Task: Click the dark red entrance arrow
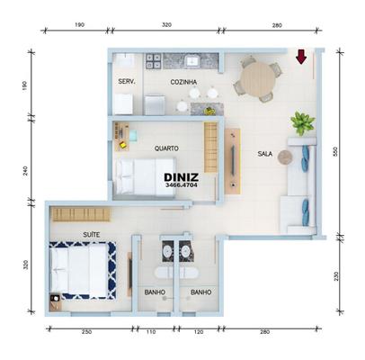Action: (301, 57)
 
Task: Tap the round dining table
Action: (258, 79)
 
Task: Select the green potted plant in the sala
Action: (303, 123)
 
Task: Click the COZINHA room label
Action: (183, 82)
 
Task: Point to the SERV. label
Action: (127, 81)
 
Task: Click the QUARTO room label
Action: (166, 148)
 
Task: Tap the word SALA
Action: (265, 154)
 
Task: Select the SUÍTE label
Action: (92, 235)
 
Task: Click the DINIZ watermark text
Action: (182, 177)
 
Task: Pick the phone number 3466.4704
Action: (182, 185)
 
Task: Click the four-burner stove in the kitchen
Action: (153, 61)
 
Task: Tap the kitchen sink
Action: (191, 61)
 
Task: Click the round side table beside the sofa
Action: (285, 157)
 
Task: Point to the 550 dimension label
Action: (335, 151)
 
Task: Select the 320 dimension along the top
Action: (166, 25)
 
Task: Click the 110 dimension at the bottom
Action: (151, 332)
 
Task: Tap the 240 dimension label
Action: (25, 171)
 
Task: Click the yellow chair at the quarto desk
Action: (122, 145)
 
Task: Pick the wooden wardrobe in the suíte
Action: (82, 215)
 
